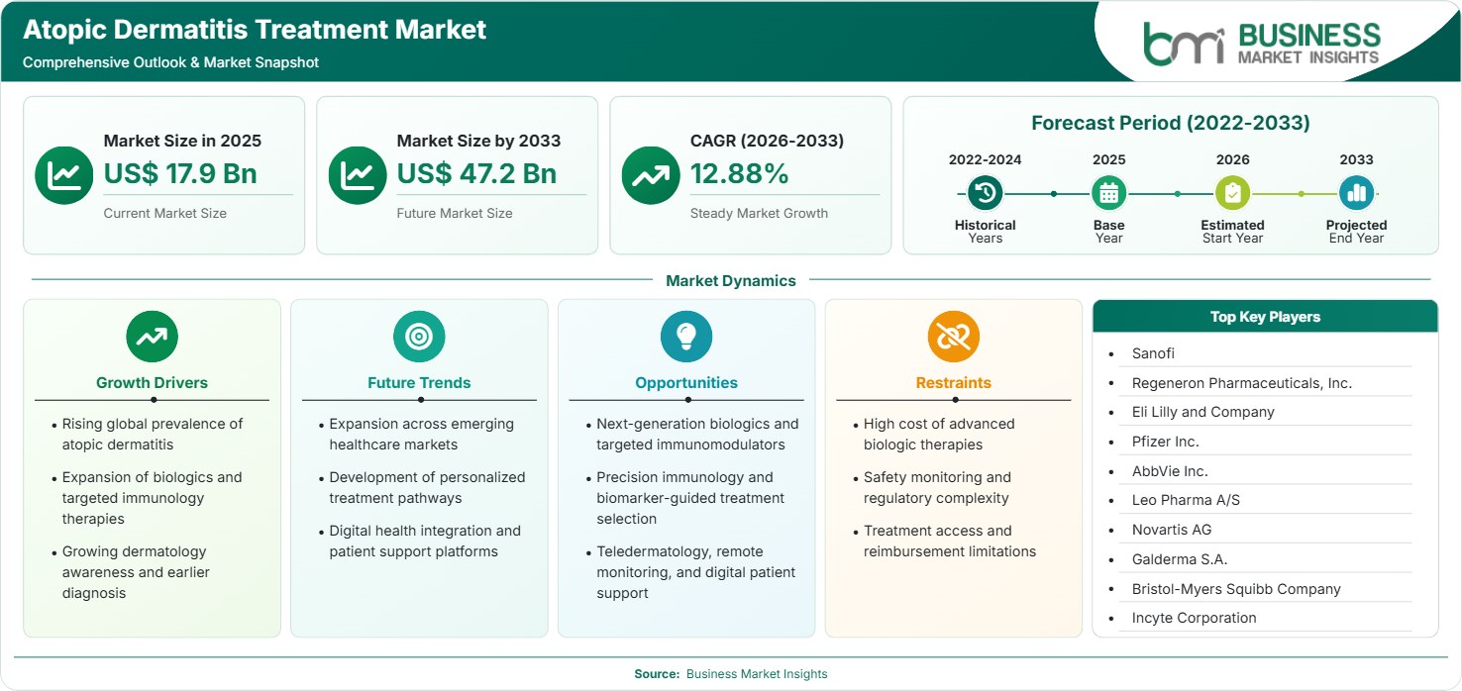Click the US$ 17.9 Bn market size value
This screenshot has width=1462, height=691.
(x=180, y=173)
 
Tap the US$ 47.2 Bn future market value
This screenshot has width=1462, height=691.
(x=476, y=173)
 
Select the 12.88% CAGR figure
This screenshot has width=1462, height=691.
(x=739, y=173)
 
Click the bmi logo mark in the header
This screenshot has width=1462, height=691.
(x=1184, y=45)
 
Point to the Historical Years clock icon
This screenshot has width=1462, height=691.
(x=985, y=193)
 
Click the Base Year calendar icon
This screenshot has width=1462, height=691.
(x=1109, y=193)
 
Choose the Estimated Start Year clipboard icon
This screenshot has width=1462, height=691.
(x=1232, y=193)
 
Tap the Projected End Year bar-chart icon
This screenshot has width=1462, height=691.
(x=1356, y=193)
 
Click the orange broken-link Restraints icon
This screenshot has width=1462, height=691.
(x=954, y=337)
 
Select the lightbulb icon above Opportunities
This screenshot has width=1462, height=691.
(x=686, y=337)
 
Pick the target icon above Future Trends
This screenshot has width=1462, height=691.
(x=419, y=337)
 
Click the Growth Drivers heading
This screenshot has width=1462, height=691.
(x=153, y=383)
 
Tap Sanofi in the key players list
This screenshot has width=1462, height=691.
(x=1153, y=353)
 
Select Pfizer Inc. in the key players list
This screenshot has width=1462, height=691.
(x=1165, y=442)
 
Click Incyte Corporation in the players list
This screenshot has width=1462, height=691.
(x=1194, y=618)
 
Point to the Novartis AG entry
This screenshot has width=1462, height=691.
(x=1172, y=530)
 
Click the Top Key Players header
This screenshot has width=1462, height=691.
(x=1265, y=317)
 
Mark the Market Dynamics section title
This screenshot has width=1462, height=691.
(x=730, y=280)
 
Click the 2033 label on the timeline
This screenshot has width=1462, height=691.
(x=1356, y=159)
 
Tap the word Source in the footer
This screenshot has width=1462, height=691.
(x=657, y=674)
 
